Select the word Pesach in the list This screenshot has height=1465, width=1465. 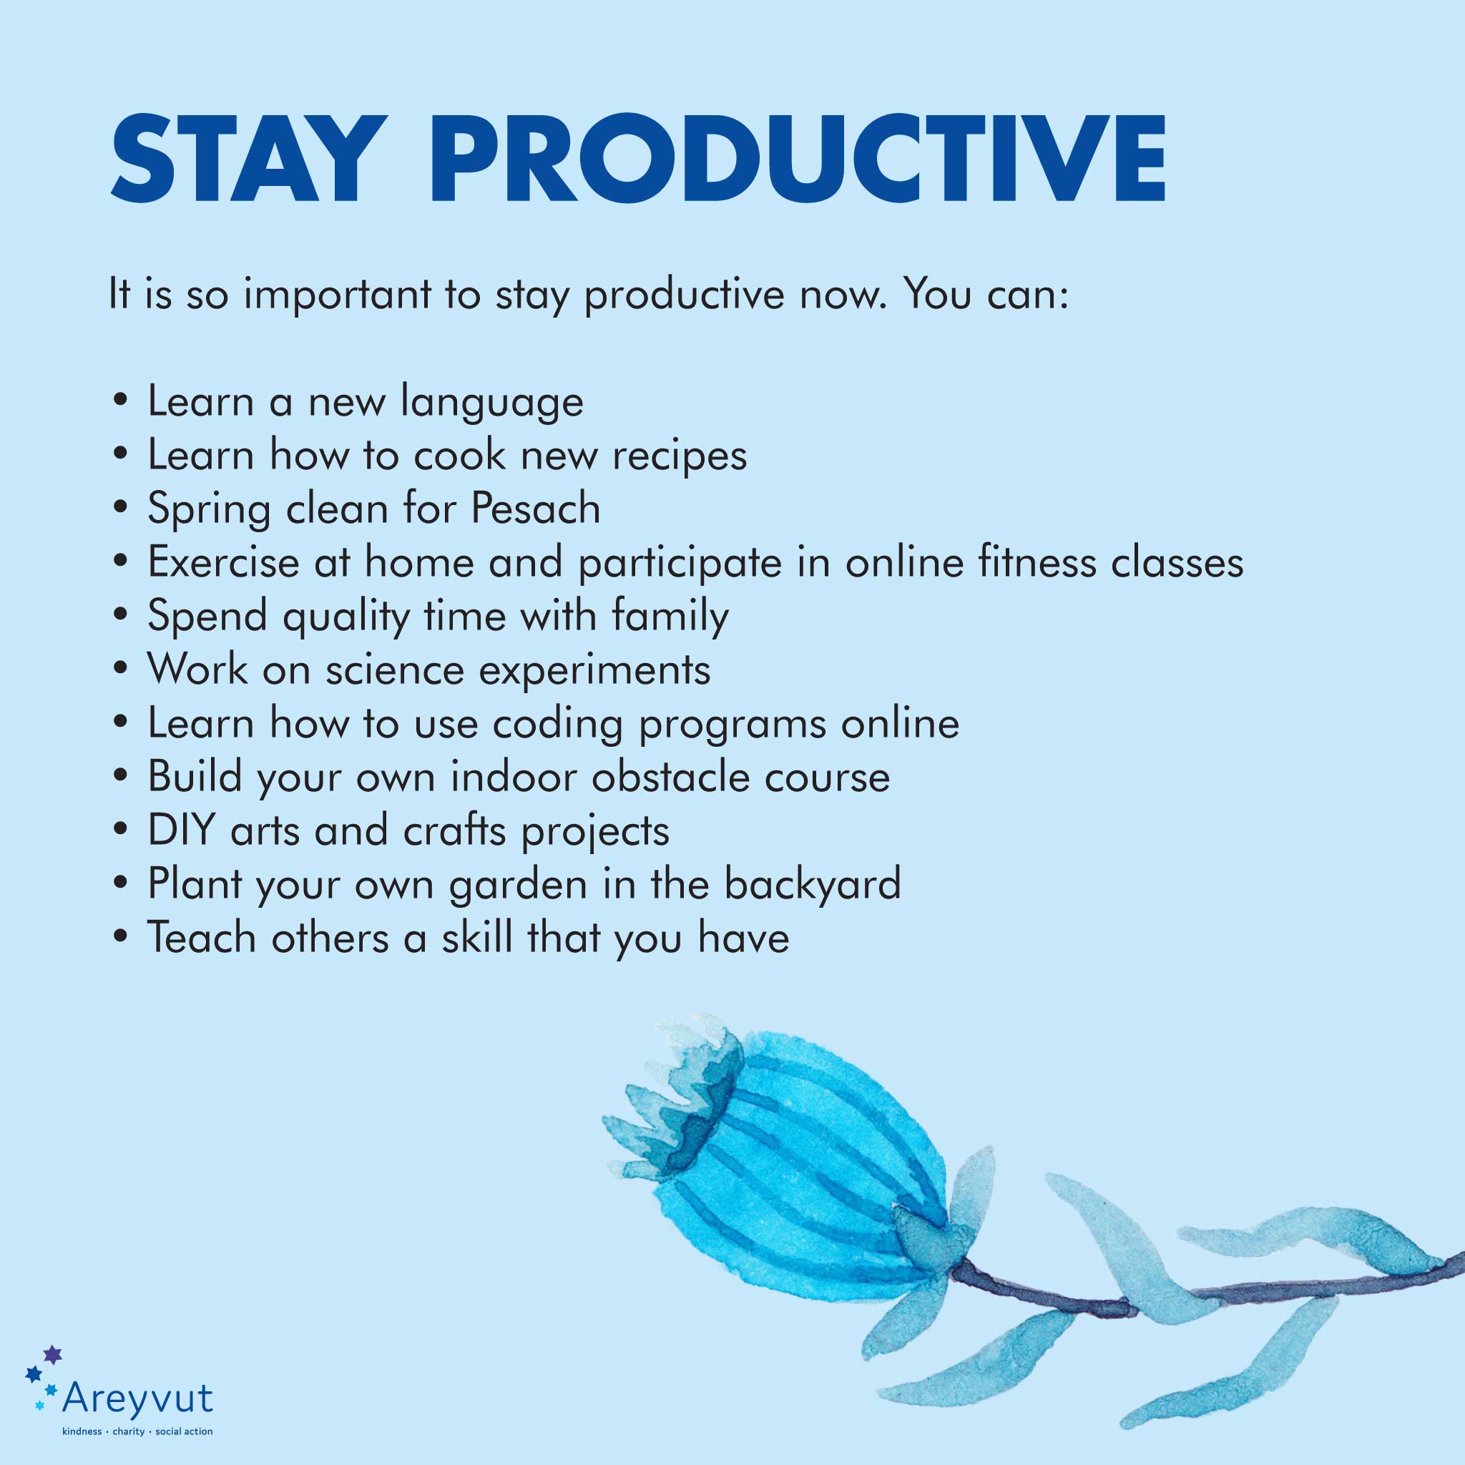535,508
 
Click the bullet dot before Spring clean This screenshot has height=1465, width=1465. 119,509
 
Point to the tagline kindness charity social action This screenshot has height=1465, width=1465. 137,1431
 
